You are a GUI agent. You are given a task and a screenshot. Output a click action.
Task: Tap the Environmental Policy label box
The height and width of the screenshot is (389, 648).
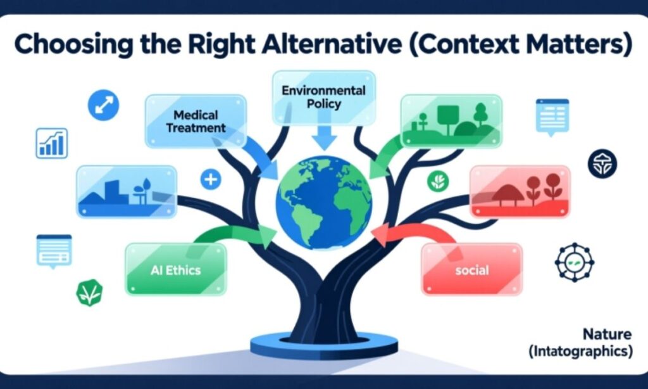[x=323, y=97]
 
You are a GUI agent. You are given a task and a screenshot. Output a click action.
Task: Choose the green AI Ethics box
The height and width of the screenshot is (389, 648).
[x=175, y=269]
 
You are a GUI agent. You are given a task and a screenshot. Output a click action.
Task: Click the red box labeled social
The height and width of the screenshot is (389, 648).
[x=472, y=270]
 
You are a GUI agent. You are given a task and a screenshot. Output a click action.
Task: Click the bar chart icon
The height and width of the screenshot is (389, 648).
[x=52, y=143]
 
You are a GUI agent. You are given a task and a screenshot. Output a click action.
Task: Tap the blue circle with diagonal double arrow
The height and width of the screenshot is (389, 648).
[x=103, y=105]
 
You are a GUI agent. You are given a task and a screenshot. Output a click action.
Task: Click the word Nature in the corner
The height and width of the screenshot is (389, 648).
[x=607, y=333]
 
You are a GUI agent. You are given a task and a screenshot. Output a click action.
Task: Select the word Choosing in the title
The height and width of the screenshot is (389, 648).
[x=66, y=46]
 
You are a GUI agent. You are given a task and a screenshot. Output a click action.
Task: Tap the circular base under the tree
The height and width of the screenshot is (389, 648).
[x=323, y=346]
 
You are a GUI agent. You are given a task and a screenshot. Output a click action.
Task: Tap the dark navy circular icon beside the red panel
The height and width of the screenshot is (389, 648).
[x=602, y=164]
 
